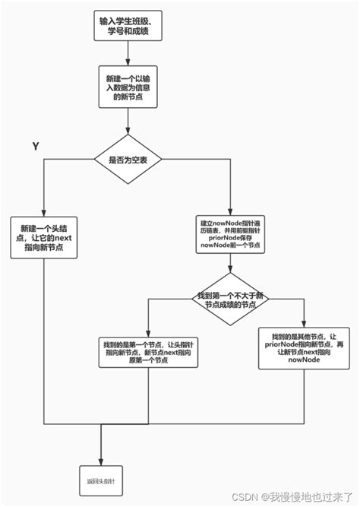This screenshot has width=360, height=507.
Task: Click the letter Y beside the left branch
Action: tap(35, 145)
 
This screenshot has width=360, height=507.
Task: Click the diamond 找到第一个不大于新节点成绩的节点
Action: tap(227, 299)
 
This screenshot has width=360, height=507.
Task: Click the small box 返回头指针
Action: tap(101, 481)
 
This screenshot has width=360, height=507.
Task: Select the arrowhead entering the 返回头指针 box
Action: tap(101, 460)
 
